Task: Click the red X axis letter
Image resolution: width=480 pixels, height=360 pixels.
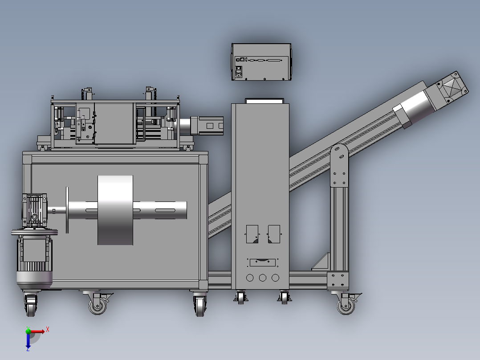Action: [x=48, y=330]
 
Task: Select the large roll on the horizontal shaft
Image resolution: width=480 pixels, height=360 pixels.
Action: [x=115, y=210]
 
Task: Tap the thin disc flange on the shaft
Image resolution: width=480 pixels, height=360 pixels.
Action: [x=67, y=210]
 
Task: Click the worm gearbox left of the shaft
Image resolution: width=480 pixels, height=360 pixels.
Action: [x=35, y=210]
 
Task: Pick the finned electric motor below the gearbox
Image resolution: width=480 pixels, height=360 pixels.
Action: [x=34, y=261]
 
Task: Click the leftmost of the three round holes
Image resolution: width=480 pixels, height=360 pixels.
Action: [x=250, y=278]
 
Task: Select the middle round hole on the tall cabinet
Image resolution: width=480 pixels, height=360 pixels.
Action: [x=263, y=278]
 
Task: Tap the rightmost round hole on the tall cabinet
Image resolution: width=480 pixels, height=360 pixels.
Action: [x=275, y=278]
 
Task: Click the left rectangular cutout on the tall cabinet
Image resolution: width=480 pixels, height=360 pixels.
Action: [x=252, y=234]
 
